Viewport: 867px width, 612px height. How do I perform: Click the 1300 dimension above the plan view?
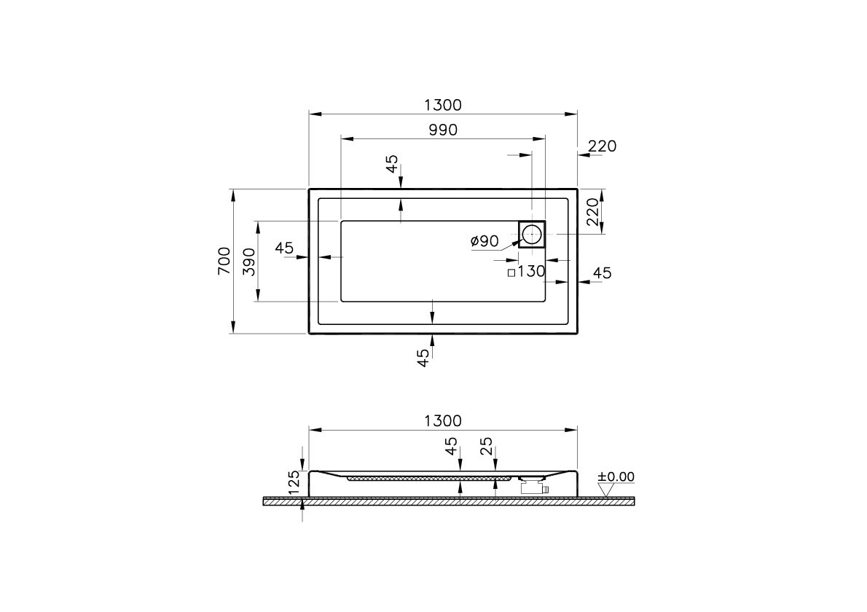click(x=442, y=105)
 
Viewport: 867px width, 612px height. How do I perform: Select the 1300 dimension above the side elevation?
click(x=442, y=421)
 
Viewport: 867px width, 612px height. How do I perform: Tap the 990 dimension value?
click(x=442, y=130)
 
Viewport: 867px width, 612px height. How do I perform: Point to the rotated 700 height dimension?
click(x=224, y=260)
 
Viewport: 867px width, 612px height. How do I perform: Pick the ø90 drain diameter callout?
click(x=484, y=241)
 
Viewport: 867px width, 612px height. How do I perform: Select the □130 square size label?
click(x=526, y=272)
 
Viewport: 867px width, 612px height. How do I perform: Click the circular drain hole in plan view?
click(x=532, y=234)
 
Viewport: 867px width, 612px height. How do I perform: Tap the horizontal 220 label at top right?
click(x=602, y=146)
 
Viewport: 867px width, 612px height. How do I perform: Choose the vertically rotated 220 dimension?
click(x=593, y=211)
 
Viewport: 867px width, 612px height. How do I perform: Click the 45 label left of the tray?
click(x=284, y=248)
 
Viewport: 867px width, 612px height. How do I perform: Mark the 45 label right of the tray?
click(x=602, y=273)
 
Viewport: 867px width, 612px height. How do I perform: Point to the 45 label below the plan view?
click(x=423, y=358)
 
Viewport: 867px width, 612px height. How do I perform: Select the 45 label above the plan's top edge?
click(x=393, y=164)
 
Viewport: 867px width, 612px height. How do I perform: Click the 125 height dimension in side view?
click(x=294, y=483)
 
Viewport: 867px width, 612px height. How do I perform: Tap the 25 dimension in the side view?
click(x=487, y=446)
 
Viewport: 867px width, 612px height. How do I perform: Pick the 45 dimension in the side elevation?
click(x=452, y=446)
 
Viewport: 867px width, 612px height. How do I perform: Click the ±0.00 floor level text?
click(x=616, y=477)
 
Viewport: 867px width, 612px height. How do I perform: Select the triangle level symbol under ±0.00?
click(x=605, y=490)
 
